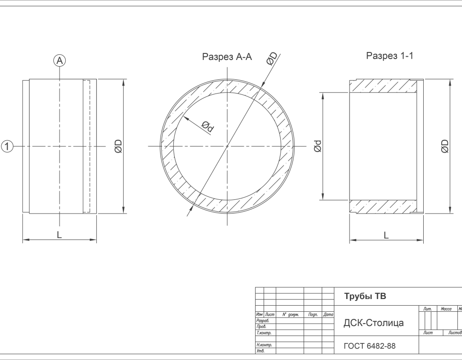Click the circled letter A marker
[60, 60]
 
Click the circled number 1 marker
[8, 146]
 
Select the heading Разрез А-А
[227, 57]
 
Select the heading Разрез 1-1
[390, 55]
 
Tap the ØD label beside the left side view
[118, 146]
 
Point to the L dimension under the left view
[59, 235]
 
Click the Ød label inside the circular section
[208, 127]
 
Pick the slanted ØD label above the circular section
[272, 58]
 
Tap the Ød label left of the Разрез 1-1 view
[317, 146]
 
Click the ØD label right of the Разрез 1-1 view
[445, 146]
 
